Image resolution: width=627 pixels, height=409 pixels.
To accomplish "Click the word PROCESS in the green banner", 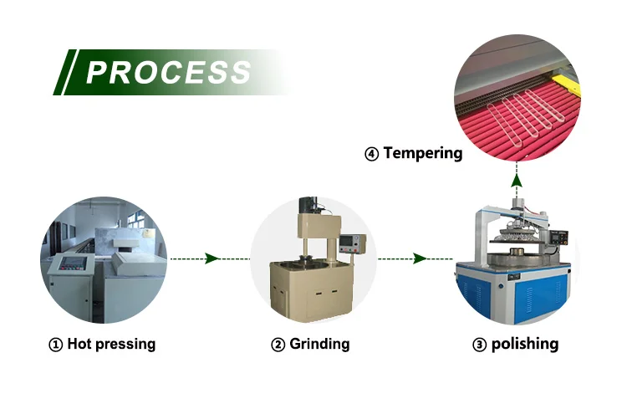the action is coord(168,73).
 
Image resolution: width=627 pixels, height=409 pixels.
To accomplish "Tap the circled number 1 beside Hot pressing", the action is coord(55,345).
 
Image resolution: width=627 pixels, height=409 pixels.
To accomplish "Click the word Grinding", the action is coord(319,344).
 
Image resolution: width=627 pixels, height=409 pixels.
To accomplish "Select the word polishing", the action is coord(525,344).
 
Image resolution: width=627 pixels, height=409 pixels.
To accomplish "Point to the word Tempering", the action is coord(423,153).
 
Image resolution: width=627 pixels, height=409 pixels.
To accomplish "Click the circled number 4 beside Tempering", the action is coord(371,154).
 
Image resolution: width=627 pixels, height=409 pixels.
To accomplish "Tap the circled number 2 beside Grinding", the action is coord(278,345).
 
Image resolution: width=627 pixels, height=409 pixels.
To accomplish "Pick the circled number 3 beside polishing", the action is coord(480,345).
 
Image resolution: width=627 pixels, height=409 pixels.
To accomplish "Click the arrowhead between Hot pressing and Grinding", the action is coord(212,258).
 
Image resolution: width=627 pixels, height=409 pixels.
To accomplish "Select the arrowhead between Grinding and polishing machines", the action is coord(420,258).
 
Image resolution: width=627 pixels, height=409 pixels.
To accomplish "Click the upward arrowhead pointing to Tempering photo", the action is coord(517,181).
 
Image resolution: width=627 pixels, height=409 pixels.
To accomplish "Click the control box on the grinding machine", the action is coord(352,243).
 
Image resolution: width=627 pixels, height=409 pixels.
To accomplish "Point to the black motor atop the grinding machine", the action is coord(308,205).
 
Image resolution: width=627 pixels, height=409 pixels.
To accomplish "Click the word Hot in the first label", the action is coord(79,344).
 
